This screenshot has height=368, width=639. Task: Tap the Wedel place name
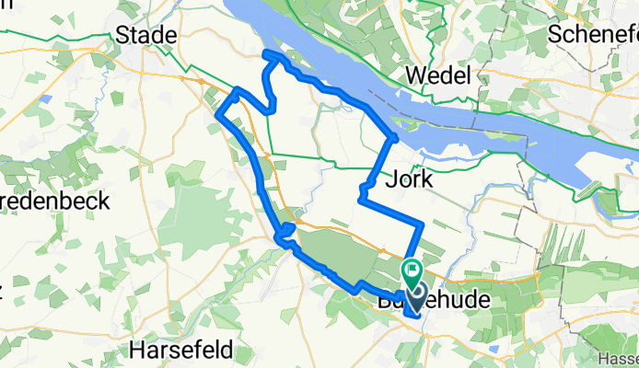pyautogui.click(x=443, y=75)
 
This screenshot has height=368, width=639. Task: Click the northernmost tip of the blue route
pyautogui.click(x=268, y=56)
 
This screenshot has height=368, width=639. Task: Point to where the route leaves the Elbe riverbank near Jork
pyautogui.click(x=395, y=139)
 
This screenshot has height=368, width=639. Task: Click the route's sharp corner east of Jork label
pyautogui.click(x=421, y=224)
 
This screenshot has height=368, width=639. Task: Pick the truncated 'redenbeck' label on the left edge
pyautogui.click(x=55, y=201)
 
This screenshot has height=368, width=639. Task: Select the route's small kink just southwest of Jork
pyautogui.click(x=361, y=194)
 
